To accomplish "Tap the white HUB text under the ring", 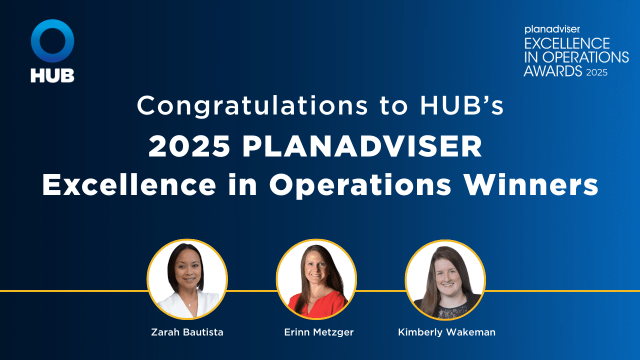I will tap(52, 75).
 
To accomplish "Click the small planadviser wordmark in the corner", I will tap(547, 30).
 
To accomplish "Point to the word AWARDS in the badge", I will tap(553, 71).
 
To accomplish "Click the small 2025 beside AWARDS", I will tap(597, 72).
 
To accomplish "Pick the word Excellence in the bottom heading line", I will tap(129, 185).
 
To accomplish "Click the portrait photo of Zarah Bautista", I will tap(187, 279).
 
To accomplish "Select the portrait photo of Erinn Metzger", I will tap(316, 279).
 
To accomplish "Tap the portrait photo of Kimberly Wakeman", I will tap(445, 279).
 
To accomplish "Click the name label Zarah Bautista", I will tap(187, 332).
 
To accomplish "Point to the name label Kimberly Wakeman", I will tap(446, 332).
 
